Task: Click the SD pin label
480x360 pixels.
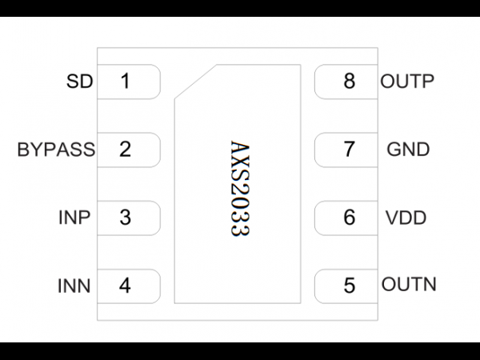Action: (x=79, y=81)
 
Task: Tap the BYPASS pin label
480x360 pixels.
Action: (x=56, y=150)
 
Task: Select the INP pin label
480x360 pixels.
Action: (x=74, y=218)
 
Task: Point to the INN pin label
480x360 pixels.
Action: (x=74, y=286)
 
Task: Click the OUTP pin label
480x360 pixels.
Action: (x=407, y=81)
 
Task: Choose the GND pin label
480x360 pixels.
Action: (x=408, y=150)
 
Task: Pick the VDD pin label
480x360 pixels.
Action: (x=406, y=218)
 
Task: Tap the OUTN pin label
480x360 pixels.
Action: (x=409, y=284)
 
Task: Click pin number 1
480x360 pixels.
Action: (x=126, y=81)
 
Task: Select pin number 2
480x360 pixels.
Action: (x=126, y=150)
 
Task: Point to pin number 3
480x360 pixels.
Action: (x=126, y=218)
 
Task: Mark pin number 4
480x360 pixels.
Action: (x=125, y=286)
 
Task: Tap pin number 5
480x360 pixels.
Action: (x=350, y=286)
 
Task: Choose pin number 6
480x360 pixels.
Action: (x=350, y=218)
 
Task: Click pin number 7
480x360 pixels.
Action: (x=350, y=150)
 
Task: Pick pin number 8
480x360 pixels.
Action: (x=350, y=81)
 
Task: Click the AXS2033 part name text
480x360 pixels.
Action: (x=240, y=189)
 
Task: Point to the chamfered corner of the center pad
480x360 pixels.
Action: (x=196, y=82)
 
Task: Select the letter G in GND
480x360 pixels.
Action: (x=394, y=150)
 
